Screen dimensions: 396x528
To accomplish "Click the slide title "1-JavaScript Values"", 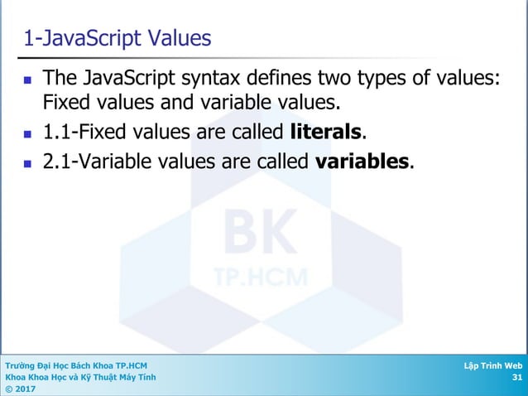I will [117, 38].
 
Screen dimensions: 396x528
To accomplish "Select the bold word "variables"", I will [362, 161].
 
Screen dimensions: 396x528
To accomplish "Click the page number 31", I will [517, 378].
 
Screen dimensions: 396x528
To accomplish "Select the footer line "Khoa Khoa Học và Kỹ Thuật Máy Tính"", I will [79, 378].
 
